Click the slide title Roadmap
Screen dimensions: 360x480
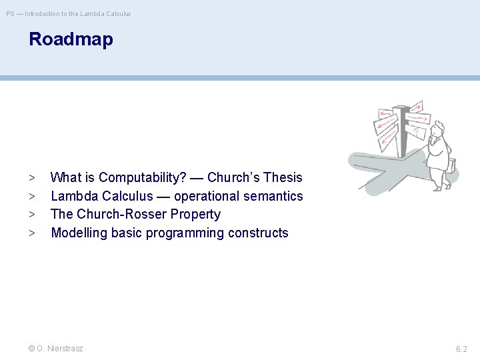[x=71, y=39]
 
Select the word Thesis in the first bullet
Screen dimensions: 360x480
[x=283, y=177]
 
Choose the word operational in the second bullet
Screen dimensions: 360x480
[x=202, y=196]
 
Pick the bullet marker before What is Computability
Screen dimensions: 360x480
[x=31, y=178]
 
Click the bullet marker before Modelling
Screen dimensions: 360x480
[x=31, y=233]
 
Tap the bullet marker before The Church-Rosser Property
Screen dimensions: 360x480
[x=31, y=215]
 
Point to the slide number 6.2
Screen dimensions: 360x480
[x=461, y=349]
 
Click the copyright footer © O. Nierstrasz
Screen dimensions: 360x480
[x=56, y=349]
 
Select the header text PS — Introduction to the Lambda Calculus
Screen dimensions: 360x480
[x=69, y=13]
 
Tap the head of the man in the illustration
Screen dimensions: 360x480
[x=437, y=132]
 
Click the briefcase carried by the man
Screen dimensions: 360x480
[x=451, y=165]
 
